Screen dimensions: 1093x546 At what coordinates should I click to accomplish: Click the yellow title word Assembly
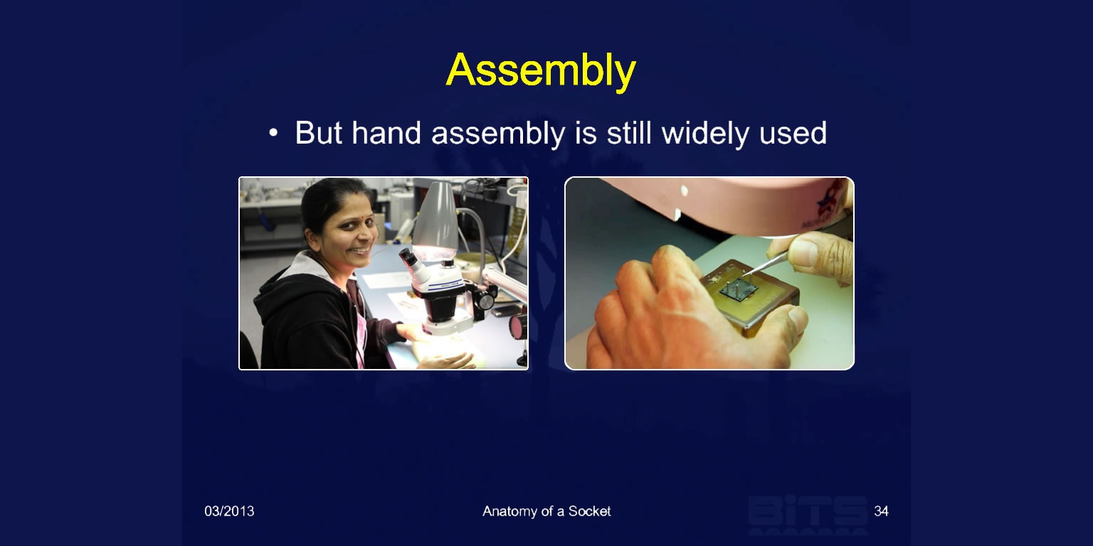click(x=541, y=71)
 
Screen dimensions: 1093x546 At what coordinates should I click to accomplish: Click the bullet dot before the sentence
click(x=273, y=133)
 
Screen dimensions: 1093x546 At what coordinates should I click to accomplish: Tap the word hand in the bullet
click(x=386, y=132)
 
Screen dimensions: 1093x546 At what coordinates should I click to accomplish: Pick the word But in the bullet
click(x=318, y=132)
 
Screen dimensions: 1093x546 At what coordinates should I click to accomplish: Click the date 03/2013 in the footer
click(x=229, y=511)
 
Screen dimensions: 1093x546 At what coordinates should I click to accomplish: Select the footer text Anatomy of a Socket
click(x=546, y=511)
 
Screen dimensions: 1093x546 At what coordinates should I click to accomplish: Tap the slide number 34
click(x=881, y=511)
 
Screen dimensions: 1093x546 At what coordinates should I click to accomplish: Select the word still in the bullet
click(x=628, y=132)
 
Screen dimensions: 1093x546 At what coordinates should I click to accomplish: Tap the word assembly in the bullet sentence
click(x=498, y=134)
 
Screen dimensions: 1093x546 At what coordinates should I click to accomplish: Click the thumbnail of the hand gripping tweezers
click(x=709, y=273)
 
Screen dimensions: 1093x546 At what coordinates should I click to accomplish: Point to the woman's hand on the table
click(x=446, y=360)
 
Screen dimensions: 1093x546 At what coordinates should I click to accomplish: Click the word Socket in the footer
click(x=589, y=511)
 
